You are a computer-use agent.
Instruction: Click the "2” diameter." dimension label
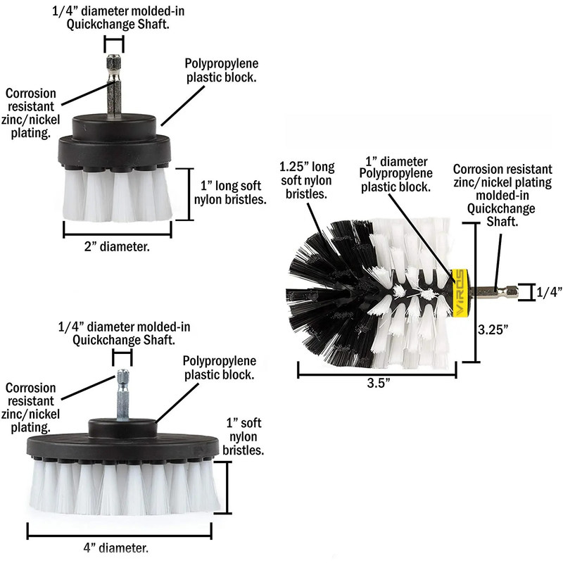coord(118,247)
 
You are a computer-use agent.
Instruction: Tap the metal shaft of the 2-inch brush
coord(114,88)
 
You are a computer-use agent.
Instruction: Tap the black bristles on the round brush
coord(324,281)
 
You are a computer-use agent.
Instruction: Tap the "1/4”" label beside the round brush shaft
coord(548,291)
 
